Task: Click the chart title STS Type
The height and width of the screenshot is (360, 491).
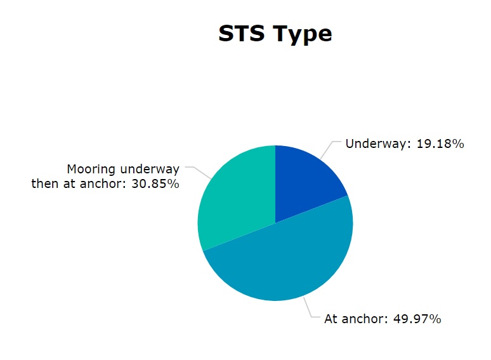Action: [x=275, y=34]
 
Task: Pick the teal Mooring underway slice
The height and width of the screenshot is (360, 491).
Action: [x=235, y=197]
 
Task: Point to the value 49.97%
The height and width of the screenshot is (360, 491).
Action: [x=417, y=319]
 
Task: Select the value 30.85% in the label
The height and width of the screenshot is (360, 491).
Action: [x=155, y=183]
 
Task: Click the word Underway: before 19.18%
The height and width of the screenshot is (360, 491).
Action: [x=378, y=144]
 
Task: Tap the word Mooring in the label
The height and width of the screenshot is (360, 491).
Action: [x=91, y=170]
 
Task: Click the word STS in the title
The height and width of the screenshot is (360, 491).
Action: [x=242, y=33]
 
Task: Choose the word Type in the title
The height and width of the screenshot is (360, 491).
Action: [x=302, y=34]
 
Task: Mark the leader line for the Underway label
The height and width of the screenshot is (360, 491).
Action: [x=330, y=150]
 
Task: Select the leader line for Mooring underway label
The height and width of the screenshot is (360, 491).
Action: [x=198, y=173]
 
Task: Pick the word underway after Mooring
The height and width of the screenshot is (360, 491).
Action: [x=150, y=170]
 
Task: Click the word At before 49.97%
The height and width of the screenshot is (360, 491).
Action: [x=331, y=319]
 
